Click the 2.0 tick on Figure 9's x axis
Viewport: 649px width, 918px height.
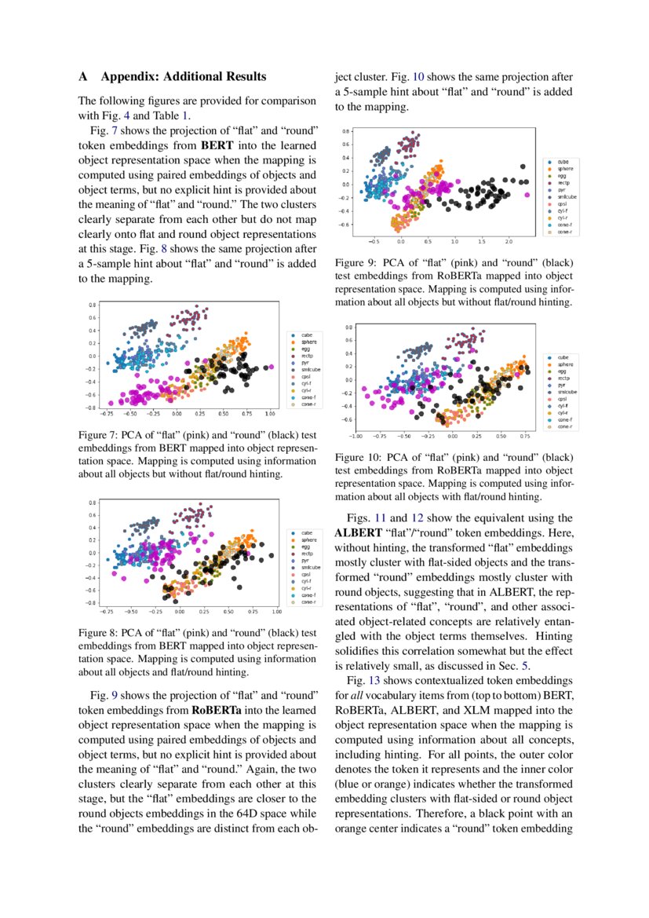pyautogui.click(x=508, y=242)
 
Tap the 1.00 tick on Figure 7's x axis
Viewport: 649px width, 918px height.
pyautogui.click(x=271, y=412)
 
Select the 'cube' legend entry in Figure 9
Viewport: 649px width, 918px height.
pyautogui.click(x=563, y=161)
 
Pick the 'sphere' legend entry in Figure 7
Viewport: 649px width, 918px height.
pyautogui.click(x=308, y=342)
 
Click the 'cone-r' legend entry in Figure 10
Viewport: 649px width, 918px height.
pyautogui.click(x=565, y=427)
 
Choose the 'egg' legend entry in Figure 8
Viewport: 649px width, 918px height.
pyautogui.click(x=305, y=546)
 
